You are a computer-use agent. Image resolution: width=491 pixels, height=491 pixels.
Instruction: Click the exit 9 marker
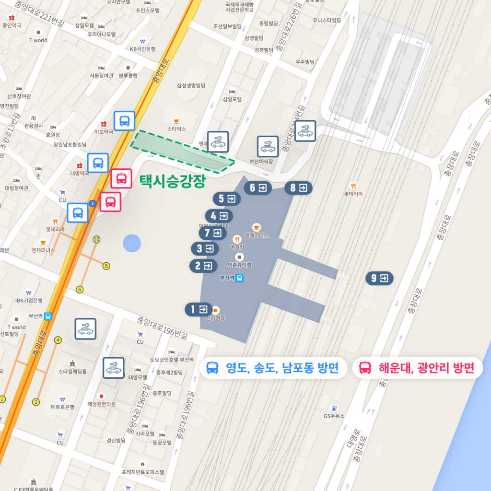[x=379, y=278]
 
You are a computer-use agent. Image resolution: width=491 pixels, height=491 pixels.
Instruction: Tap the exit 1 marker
[x=199, y=309]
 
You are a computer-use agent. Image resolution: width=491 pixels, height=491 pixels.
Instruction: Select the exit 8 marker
[x=298, y=188]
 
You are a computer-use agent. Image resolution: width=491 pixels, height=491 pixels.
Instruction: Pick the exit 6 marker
[x=257, y=188]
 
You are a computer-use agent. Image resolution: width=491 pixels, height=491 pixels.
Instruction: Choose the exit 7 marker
[x=212, y=233]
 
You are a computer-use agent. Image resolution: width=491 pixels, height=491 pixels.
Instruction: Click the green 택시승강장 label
[x=172, y=181]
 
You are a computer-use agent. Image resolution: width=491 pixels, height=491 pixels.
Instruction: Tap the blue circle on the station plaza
[x=132, y=243]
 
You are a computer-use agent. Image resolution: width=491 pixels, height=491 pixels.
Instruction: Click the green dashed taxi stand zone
[x=182, y=152]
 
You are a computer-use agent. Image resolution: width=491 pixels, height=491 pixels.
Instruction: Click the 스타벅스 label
[x=176, y=129]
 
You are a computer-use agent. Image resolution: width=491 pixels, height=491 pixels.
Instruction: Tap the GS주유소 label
[x=334, y=416]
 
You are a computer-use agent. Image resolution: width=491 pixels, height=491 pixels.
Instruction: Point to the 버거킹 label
[x=237, y=247]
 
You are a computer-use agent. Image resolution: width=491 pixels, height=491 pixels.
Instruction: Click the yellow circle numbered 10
[x=97, y=239]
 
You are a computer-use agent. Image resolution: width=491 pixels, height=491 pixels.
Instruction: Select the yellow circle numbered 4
[x=58, y=340]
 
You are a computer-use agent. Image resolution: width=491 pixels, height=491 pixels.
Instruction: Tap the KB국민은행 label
[x=143, y=49]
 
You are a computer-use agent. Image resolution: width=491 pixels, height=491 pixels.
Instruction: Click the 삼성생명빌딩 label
[x=191, y=85]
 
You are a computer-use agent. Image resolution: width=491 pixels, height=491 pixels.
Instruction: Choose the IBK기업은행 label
[x=29, y=300]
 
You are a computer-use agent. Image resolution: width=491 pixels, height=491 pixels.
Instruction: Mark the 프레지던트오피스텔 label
[x=142, y=472]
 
